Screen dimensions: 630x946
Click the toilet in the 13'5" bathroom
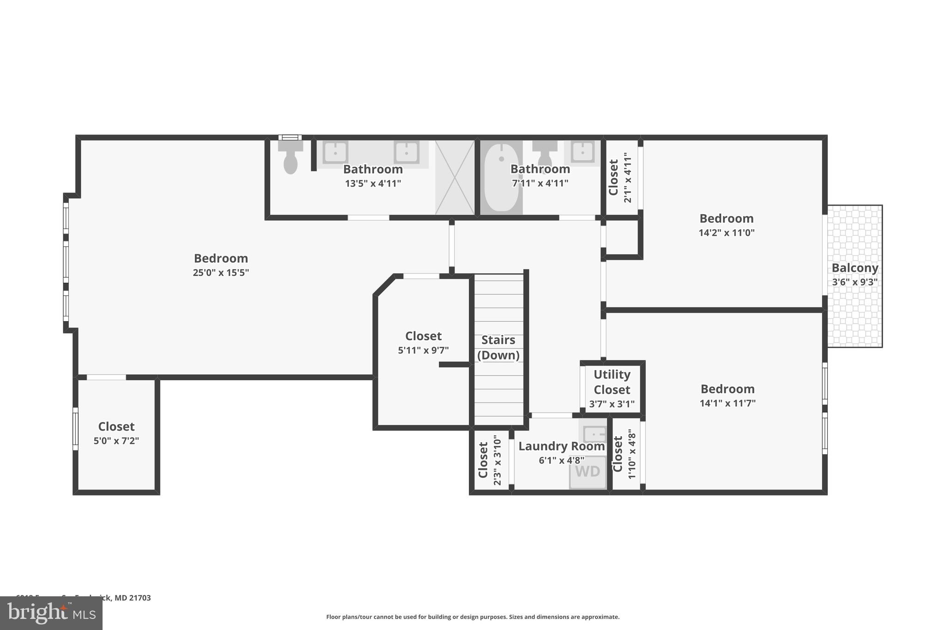click(x=290, y=158)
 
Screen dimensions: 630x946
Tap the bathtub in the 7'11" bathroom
click(x=501, y=178)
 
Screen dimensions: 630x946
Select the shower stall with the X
click(x=455, y=178)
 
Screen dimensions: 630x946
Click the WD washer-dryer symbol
click(x=588, y=472)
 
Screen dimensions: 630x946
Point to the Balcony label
click(x=855, y=268)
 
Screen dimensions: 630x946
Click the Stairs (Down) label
click(x=498, y=347)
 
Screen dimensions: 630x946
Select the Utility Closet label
click(x=612, y=382)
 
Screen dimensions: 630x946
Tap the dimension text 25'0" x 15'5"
click(x=221, y=273)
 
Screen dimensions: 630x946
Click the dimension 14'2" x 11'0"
click(x=726, y=233)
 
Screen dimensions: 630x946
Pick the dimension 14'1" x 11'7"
click(x=728, y=403)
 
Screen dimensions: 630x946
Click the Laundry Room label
click(x=561, y=446)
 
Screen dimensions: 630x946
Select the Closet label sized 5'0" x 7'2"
click(x=116, y=426)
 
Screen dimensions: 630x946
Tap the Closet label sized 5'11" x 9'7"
click(x=423, y=336)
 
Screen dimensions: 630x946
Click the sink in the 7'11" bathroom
click(x=582, y=152)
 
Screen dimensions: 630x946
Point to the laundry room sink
click(x=594, y=434)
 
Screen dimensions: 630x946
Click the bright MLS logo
click(x=51, y=613)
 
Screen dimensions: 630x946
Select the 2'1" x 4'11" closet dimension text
click(x=627, y=178)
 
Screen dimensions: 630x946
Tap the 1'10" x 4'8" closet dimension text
click(x=632, y=454)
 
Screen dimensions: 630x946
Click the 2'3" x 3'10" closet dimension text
click(x=497, y=460)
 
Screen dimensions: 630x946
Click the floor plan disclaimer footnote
click(x=473, y=617)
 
